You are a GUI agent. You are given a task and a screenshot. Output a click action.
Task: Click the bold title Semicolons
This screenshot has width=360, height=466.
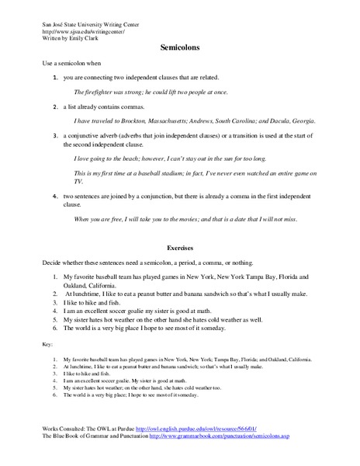click(179, 47)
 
